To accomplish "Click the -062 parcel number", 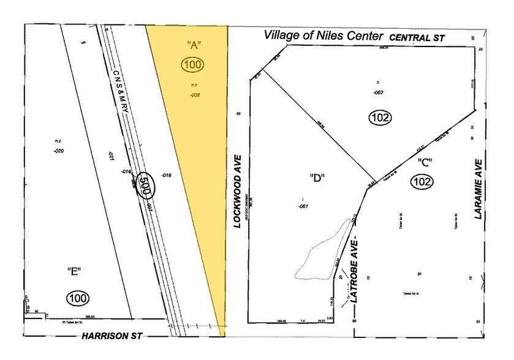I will (x=378, y=92).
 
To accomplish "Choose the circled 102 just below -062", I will (x=380, y=118).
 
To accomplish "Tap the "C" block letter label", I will (x=425, y=163).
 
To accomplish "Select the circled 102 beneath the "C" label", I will (x=423, y=182).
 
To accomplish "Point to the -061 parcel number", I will (x=303, y=206).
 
